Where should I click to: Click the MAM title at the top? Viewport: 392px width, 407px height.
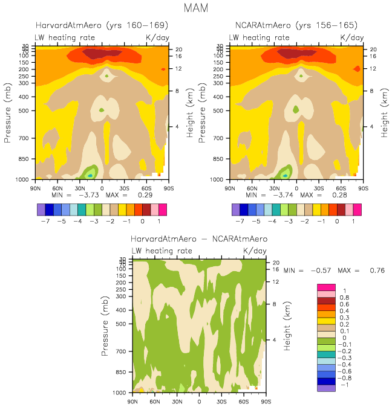tap(196, 8)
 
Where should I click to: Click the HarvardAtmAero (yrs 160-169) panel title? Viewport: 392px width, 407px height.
tap(102, 25)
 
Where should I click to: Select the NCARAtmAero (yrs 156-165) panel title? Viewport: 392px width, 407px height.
tap(296, 25)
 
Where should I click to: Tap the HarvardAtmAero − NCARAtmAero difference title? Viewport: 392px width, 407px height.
tap(199, 239)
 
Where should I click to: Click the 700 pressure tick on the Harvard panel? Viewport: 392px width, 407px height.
tap(28, 138)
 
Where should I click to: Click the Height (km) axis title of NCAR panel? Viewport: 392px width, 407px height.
tap(384, 112)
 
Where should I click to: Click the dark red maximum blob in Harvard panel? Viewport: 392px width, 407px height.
tap(101, 54)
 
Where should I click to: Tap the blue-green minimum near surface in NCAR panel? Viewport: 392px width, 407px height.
tap(285, 175)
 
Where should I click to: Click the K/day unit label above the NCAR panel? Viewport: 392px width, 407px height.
tap(352, 37)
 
